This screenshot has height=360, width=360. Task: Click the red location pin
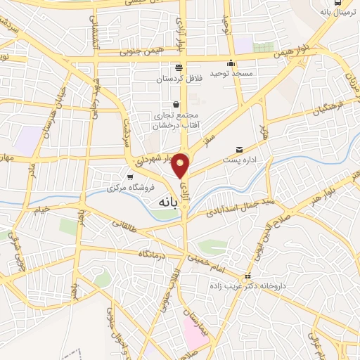[x=181, y=165]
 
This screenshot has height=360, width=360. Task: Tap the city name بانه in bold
[x=161, y=202]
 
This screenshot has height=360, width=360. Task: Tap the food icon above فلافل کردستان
[x=179, y=67]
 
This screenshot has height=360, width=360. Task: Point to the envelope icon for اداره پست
[x=240, y=150]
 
